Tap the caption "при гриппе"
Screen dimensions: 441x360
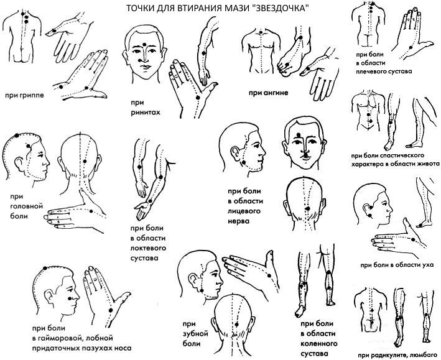coord(24,95)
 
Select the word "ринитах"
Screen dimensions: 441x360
coord(146,113)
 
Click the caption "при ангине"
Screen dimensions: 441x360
coord(268,93)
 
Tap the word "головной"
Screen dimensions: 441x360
coord(27,206)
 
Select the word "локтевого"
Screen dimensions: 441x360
coord(148,248)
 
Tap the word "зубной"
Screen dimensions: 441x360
coord(195,333)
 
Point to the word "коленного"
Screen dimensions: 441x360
coord(319,343)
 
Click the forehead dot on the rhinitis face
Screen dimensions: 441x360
coord(144,44)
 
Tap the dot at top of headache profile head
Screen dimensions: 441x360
coord(17,136)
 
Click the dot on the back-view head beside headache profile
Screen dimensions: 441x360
coord(85,161)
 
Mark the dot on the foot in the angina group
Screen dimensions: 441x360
coord(287,65)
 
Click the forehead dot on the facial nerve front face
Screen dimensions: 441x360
coord(299,134)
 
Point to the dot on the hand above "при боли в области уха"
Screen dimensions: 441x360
coord(413,239)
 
